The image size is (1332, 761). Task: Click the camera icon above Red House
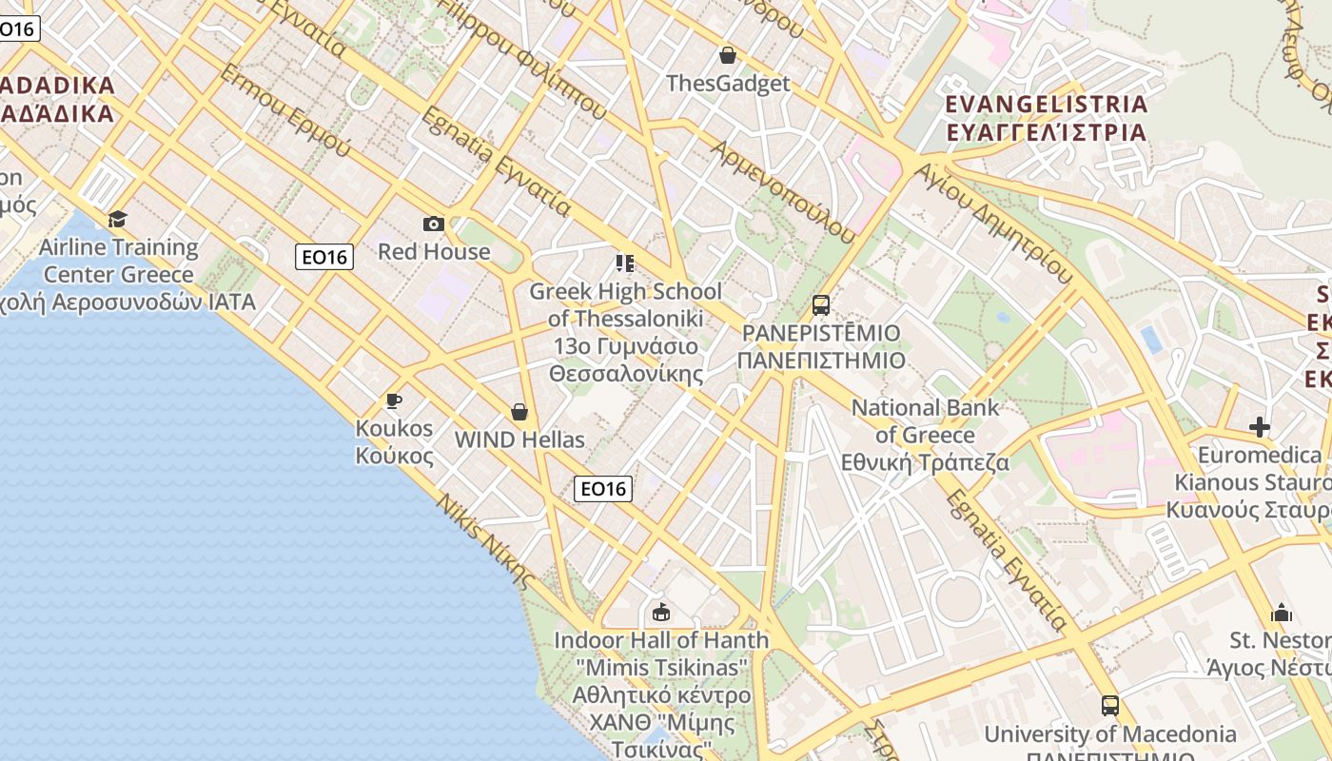coord(434,224)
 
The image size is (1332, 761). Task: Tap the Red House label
coord(434,252)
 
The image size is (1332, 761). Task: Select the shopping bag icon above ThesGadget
coord(728,55)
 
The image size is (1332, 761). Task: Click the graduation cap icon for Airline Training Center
coord(118,220)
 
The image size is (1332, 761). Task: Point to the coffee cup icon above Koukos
coord(394,400)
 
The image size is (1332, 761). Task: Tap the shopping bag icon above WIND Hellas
coord(519,412)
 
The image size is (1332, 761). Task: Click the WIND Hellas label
coord(519,439)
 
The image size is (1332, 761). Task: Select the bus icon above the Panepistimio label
coord(821,305)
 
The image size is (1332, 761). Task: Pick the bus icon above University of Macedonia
coord(1110,706)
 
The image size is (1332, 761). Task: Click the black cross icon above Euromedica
coord(1260,427)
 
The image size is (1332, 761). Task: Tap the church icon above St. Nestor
coord(1282,612)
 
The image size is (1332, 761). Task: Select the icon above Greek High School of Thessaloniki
coord(625,263)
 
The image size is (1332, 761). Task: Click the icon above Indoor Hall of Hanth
coord(661,612)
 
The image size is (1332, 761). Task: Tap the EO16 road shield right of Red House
coord(323,257)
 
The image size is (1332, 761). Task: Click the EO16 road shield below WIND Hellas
coord(603,489)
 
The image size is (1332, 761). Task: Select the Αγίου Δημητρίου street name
coord(993,223)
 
